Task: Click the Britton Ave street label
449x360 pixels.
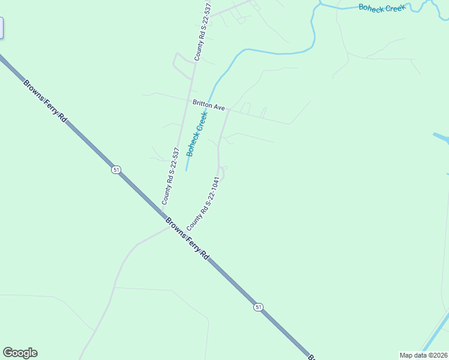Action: [x=208, y=106]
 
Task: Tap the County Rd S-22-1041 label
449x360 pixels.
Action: [x=201, y=203]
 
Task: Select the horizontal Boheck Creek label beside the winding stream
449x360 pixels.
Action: [x=382, y=7]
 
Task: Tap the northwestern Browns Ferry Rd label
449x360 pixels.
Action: [x=45, y=101]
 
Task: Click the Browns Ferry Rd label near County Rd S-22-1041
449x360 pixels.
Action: [x=187, y=238]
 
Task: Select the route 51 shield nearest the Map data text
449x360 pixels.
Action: [x=258, y=307]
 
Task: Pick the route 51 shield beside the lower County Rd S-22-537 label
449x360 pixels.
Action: [x=116, y=170]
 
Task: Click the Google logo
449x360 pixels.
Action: [x=20, y=353]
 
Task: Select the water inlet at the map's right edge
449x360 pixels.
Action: [x=442, y=137]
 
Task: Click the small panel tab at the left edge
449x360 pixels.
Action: [x=2, y=28]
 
